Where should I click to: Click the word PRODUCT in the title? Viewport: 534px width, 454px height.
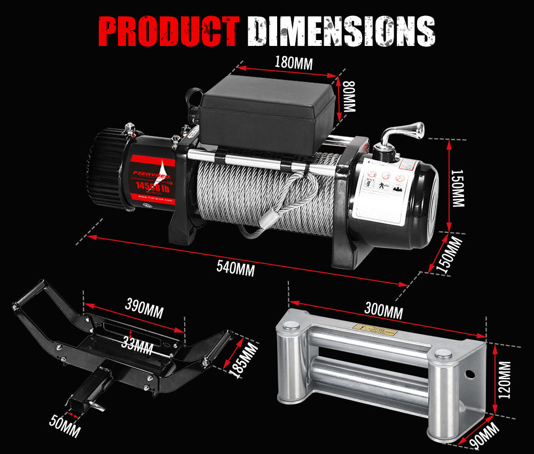tap(169, 32)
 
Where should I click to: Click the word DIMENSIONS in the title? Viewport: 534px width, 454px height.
tap(343, 32)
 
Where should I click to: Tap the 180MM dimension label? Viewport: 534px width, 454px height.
tap(293, 62)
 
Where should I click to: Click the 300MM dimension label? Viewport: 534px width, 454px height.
tap(383, 309)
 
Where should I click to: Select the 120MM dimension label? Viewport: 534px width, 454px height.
tap(505, 380)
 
